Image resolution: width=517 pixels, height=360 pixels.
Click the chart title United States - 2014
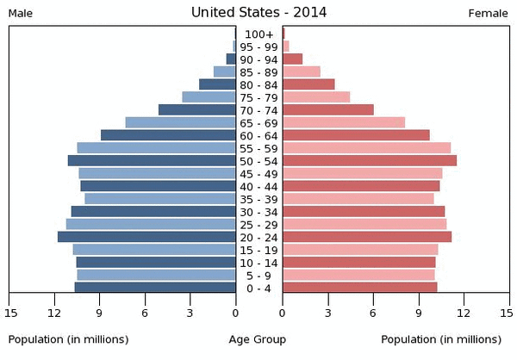tap(258, 12)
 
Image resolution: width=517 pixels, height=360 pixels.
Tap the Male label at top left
tap(22, 13)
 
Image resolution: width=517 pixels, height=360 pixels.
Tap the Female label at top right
tap(489, 13)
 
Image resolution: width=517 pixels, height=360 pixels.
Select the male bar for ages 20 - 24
tap(146, 237)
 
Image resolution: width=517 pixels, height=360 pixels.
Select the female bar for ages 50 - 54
tap(370, 160)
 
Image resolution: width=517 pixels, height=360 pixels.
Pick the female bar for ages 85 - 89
tap(302, 71)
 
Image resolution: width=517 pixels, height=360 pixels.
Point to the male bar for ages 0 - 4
tap(155, 288)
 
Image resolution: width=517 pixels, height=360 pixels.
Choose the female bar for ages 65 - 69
tap(344, 122)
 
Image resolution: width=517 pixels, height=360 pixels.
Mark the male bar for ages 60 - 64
tap(168, 135)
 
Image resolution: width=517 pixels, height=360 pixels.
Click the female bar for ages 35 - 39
tap(358, 199)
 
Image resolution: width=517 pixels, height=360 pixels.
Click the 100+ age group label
tap(258, 34)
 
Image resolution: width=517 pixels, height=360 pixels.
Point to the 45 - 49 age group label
tap(258, 173)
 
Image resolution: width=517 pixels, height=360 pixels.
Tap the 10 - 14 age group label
tap(258, 263)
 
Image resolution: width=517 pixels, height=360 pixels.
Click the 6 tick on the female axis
tap(373, 313)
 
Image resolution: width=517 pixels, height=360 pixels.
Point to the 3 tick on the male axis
tap(190, 313)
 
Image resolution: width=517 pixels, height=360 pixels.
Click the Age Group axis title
tap(258, 339)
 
